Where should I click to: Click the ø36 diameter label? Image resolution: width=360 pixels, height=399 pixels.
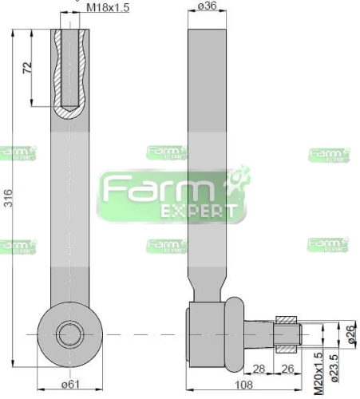coord(207,7)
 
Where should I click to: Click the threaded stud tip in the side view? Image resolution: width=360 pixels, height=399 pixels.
coord(288,333)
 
